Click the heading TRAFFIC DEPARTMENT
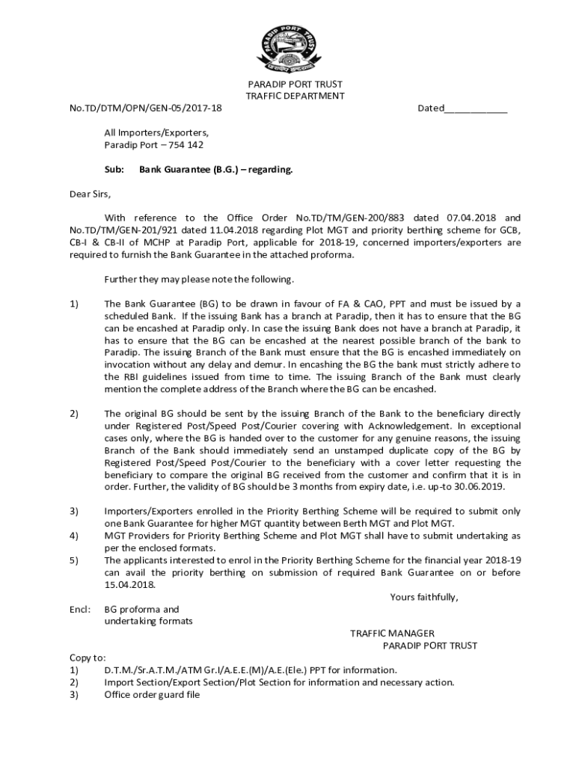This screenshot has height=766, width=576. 295,96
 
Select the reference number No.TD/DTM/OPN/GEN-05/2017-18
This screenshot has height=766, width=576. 145,108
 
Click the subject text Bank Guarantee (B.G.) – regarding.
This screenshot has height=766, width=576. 216,170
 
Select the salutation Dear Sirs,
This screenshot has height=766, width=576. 90,194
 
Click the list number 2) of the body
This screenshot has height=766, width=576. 74,414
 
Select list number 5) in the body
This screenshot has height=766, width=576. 74,560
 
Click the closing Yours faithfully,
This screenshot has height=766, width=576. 424,597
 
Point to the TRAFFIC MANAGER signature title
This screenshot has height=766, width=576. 392,634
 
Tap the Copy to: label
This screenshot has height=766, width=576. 88,658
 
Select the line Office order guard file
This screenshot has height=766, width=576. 152,694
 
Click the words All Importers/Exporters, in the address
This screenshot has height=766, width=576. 156,133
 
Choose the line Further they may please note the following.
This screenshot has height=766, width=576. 199,280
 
